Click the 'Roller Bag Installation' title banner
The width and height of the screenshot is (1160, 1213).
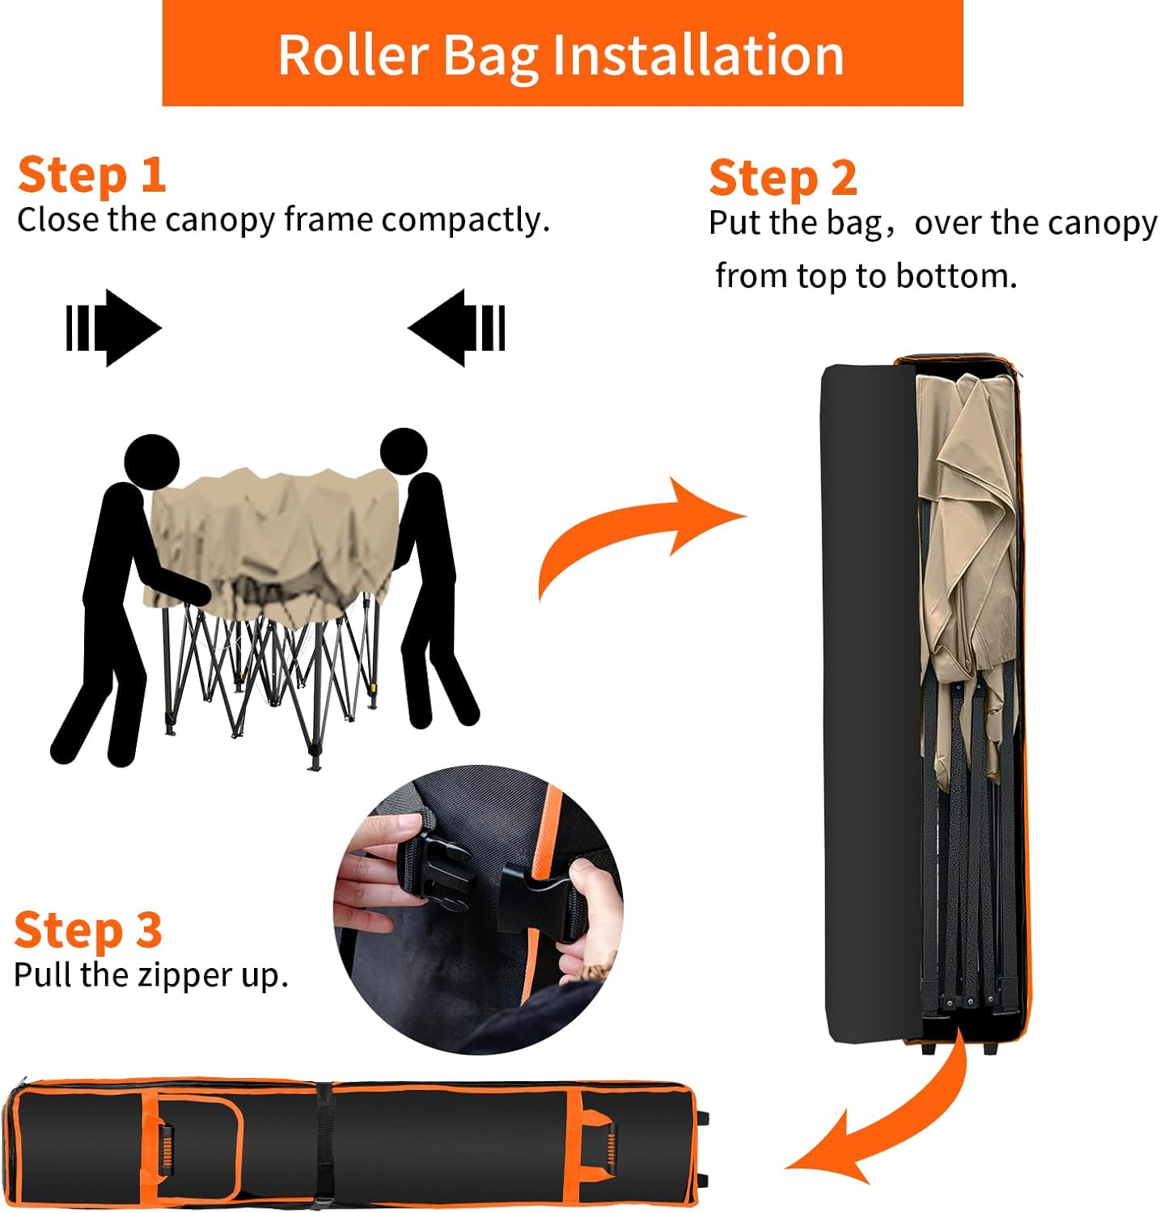coord(562,53)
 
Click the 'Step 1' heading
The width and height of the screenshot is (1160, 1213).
coord(91,175)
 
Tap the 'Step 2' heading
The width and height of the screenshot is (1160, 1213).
coord(782,179)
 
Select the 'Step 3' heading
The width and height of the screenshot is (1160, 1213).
coord(88,931)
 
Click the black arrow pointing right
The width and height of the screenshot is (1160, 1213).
coord(113,328)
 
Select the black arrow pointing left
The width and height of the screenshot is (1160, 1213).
coord(458,328)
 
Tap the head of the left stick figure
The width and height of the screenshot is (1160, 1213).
coord(151,462)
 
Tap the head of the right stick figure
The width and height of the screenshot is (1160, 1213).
coord(403,451)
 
